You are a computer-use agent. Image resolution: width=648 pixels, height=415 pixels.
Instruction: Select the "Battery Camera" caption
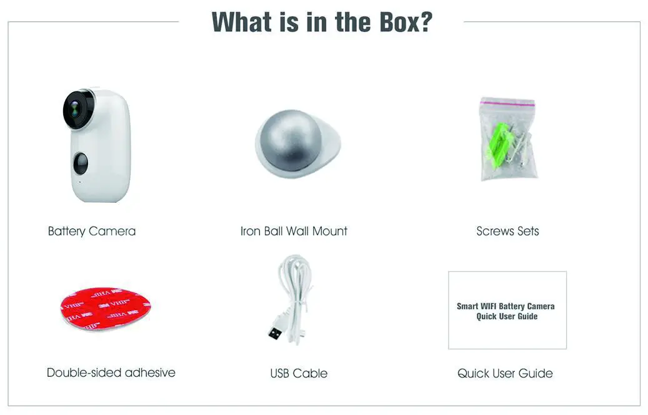point(92,231)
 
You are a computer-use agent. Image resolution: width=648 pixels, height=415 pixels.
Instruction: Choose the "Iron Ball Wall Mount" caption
point(294,231)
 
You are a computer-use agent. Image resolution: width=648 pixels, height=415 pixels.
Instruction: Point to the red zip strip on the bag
point(507,102)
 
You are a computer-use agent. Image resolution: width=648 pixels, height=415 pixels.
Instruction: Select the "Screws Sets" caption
point(507,231)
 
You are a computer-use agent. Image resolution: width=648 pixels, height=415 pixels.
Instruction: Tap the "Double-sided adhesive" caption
point(111,372)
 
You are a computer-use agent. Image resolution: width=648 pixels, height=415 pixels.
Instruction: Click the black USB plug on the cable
point(275,332)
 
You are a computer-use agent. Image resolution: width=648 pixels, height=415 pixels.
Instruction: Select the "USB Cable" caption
point(299,373)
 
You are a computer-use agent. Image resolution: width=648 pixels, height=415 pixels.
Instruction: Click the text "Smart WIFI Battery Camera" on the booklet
point(506,306)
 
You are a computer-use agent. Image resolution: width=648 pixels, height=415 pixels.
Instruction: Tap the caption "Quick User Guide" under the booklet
point(505,373)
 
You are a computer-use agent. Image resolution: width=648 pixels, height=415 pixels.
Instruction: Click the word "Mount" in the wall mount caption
point(330,231)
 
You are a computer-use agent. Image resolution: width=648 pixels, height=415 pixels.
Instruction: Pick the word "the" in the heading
point(334,22)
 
